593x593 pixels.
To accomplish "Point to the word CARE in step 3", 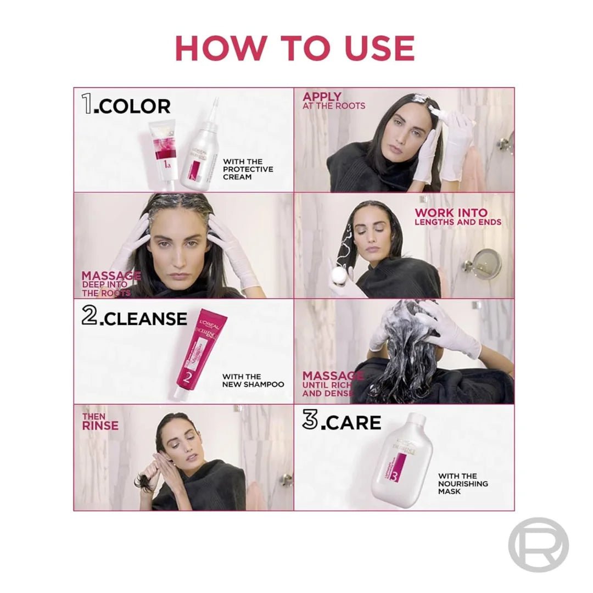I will pyautogui.click(x=351, y=422).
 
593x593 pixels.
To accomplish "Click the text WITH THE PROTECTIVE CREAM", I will pyautogui.click(x=248, y=169).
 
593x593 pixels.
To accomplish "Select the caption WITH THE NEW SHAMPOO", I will pyautogui.click(x=253, y=381).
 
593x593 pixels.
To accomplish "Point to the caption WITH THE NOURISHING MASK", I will pyautogui.click(x=463, y=484).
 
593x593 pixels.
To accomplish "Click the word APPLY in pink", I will pyautogui.click(x=322, y=97).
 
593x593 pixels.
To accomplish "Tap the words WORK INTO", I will pyautogui.click(x=451, y=212).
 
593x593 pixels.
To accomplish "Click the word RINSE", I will pyautogui.click(x=100, y=426).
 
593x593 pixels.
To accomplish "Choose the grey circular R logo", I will pyautogui.click(x=538, y=544).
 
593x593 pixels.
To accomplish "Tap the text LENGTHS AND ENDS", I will pyautogui.click(x=457, y=222).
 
